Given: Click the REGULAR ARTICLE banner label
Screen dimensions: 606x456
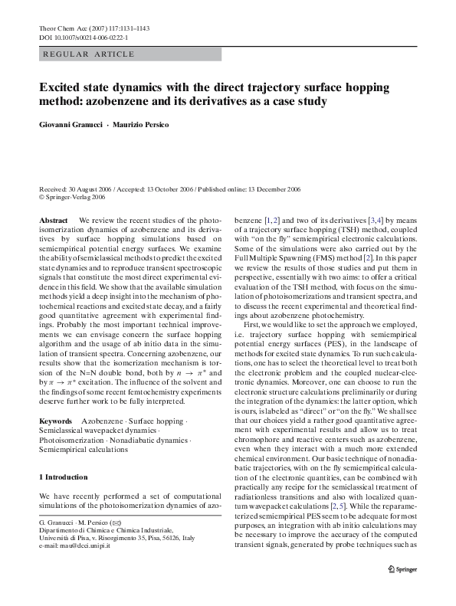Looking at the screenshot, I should (90, 54).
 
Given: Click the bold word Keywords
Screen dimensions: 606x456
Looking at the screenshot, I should (55, 422).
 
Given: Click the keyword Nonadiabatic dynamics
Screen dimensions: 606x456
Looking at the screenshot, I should (151, 441).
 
